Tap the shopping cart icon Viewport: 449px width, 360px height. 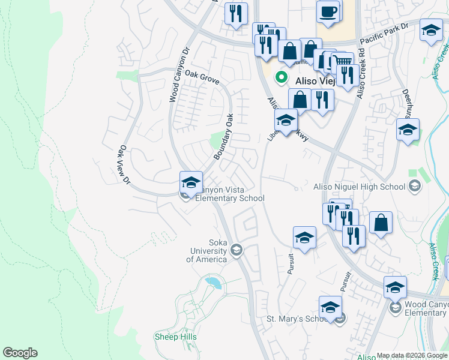[343, 62]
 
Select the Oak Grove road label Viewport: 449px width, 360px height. [202, 77]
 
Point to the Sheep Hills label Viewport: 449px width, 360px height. [175, 337]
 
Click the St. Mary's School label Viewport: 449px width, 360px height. [297, 318]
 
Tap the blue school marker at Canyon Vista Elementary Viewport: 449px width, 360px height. [191, 182]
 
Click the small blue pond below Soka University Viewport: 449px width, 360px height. [212, 281]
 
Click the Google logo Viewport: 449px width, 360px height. [20, 353]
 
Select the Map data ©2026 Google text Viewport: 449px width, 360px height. [412, 355]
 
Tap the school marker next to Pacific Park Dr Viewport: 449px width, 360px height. [431, 31]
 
